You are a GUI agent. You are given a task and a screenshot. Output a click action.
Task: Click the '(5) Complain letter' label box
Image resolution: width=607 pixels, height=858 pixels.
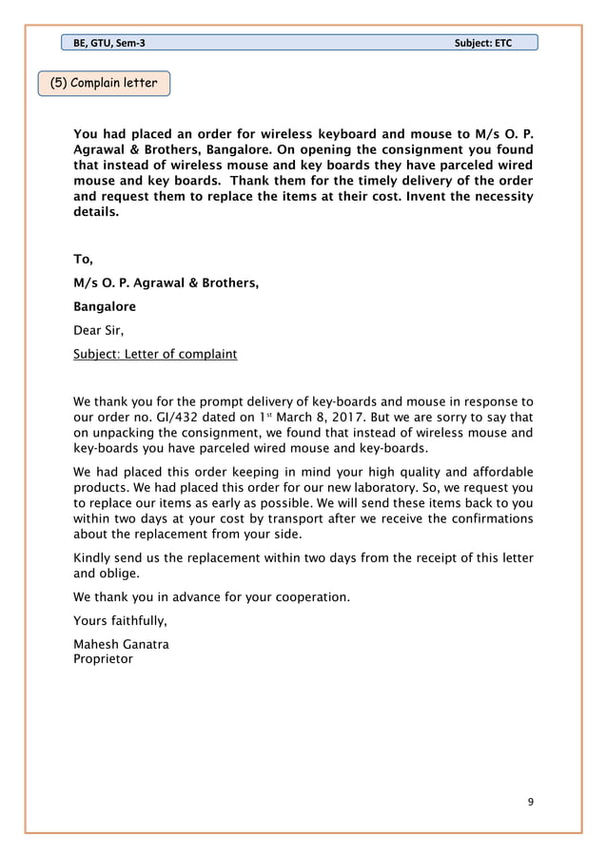[105, 83]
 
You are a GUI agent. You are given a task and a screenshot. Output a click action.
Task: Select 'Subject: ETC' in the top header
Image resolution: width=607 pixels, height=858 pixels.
[483, 43]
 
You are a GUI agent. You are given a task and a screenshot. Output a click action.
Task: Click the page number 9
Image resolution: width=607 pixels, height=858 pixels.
[531, 802]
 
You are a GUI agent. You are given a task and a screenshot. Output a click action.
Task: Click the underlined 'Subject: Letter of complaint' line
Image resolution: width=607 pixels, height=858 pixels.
[155, 355]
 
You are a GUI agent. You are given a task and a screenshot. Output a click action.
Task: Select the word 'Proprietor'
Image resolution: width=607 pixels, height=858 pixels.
[103, 658]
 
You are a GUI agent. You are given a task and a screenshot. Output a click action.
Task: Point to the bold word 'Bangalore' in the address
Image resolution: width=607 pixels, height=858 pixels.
[105, 307]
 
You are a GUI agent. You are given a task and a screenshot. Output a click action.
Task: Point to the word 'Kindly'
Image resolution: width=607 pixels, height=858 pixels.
[93, 557]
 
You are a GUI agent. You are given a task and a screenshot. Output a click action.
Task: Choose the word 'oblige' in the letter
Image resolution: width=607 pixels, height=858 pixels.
[120, 574]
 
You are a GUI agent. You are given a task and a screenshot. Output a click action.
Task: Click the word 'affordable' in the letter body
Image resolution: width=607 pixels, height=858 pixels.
[499, 473]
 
